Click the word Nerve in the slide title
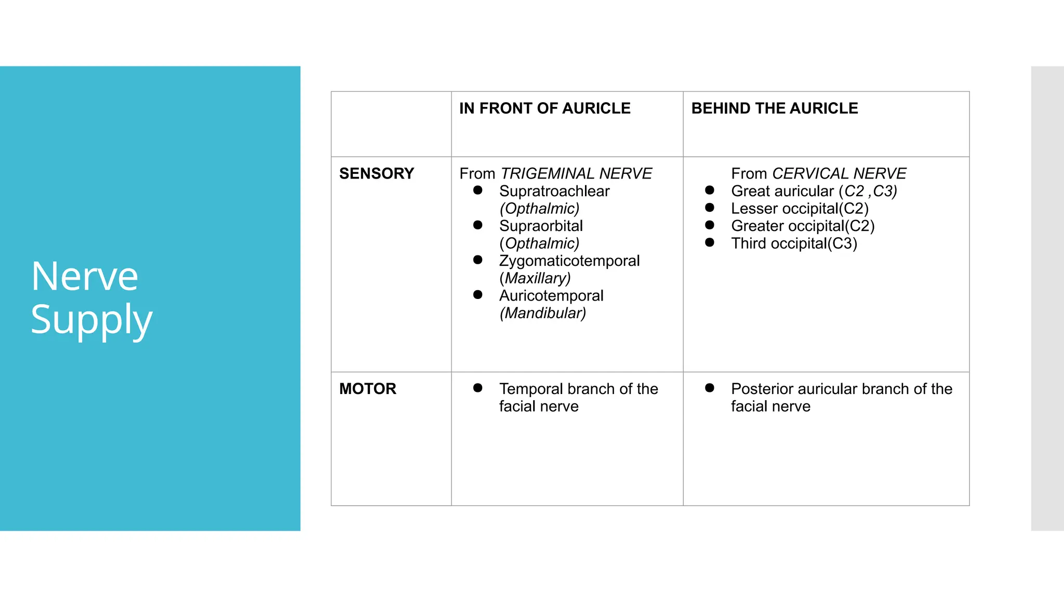click(85, 276)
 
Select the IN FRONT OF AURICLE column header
click(544, 108)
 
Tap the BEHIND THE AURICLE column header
click(775, 108)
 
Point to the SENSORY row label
click(377, 173)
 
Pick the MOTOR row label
click(368, 389)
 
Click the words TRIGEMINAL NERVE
click(576, 173)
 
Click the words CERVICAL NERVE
click(839, 173)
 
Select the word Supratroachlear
click(554, 191)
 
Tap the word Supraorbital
click(541, 226)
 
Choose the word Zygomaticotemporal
click(569, 261)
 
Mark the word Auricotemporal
click(551, 296)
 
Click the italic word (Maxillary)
click(535, 278)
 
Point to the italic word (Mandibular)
click(543, 313)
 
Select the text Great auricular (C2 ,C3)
click(814, 191)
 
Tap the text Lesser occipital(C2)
click(800, 209)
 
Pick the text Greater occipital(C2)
click(803, 226)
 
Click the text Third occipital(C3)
click(794, 243)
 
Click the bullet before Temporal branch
click(478, 388)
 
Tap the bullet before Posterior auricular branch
click(710, 388)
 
